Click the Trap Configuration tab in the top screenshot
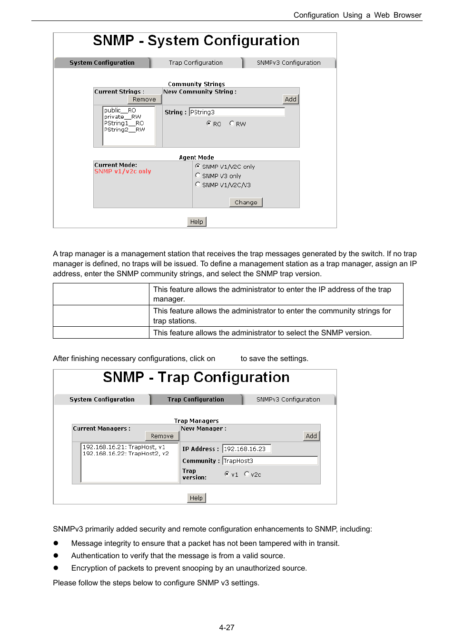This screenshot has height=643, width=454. pos(196,63)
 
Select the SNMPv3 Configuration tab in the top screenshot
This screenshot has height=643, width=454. pos(288,63)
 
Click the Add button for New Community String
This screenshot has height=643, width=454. pos(290,99)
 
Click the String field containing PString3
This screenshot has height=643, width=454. pos(237,112)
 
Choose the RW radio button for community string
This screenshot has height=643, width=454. pos(232,123)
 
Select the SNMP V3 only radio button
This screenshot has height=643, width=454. pos(198,175)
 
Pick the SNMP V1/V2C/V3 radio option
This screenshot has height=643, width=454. pos(198,184)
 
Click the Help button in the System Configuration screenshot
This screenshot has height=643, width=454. pos(197,221)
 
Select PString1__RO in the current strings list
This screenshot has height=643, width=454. pos(124,123)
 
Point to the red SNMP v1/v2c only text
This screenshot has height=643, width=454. pos(123,171)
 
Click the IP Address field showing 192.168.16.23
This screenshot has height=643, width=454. pos(247,449)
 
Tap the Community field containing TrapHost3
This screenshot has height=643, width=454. pos(270,461)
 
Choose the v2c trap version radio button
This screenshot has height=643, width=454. pos(247,474)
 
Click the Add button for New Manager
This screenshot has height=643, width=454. pos(311,436)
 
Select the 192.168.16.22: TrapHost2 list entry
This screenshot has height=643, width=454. pos(126,453)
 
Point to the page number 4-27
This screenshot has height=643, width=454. pos(227,628)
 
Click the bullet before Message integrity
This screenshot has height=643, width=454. pos(56,543)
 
